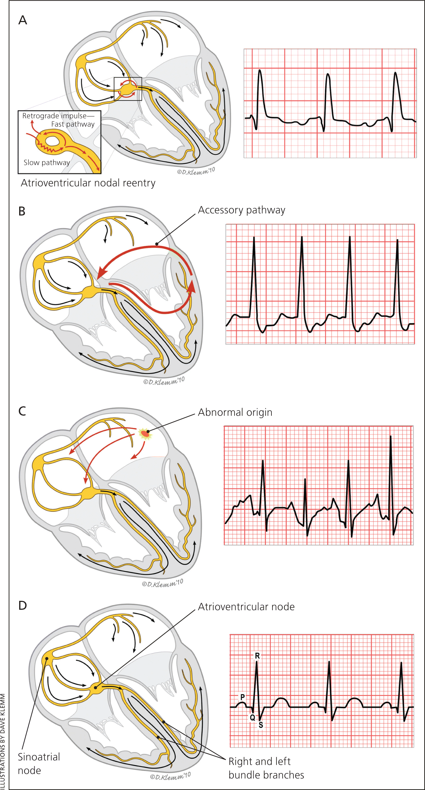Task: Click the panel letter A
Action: [x=23, y=20]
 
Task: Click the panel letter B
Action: [x=22, y=211]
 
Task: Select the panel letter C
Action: [x=22, y=411]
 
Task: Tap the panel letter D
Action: [x=22, y=606]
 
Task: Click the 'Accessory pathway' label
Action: [x=241, y=210]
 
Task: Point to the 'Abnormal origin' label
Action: [x=235, y=412]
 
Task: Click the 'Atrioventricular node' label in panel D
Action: [x=246, y=607]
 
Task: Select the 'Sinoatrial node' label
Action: [x=39, y=763]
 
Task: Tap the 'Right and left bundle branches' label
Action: [x=266, y=768]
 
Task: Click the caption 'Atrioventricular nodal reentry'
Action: [x=88, y=183]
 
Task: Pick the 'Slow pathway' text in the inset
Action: [x=47, y=163]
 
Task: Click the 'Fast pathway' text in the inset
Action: [x=73, y=124]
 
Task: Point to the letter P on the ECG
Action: [x=242, y=697]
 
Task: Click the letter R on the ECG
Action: [x=257, y=656]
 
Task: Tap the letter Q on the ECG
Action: [x=253, y=717]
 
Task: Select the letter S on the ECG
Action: [x=261, y=725]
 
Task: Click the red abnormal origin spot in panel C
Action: [x=145, y=433]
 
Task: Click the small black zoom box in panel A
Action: [x=128, y=89]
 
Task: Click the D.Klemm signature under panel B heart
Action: [x=164, y=381]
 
